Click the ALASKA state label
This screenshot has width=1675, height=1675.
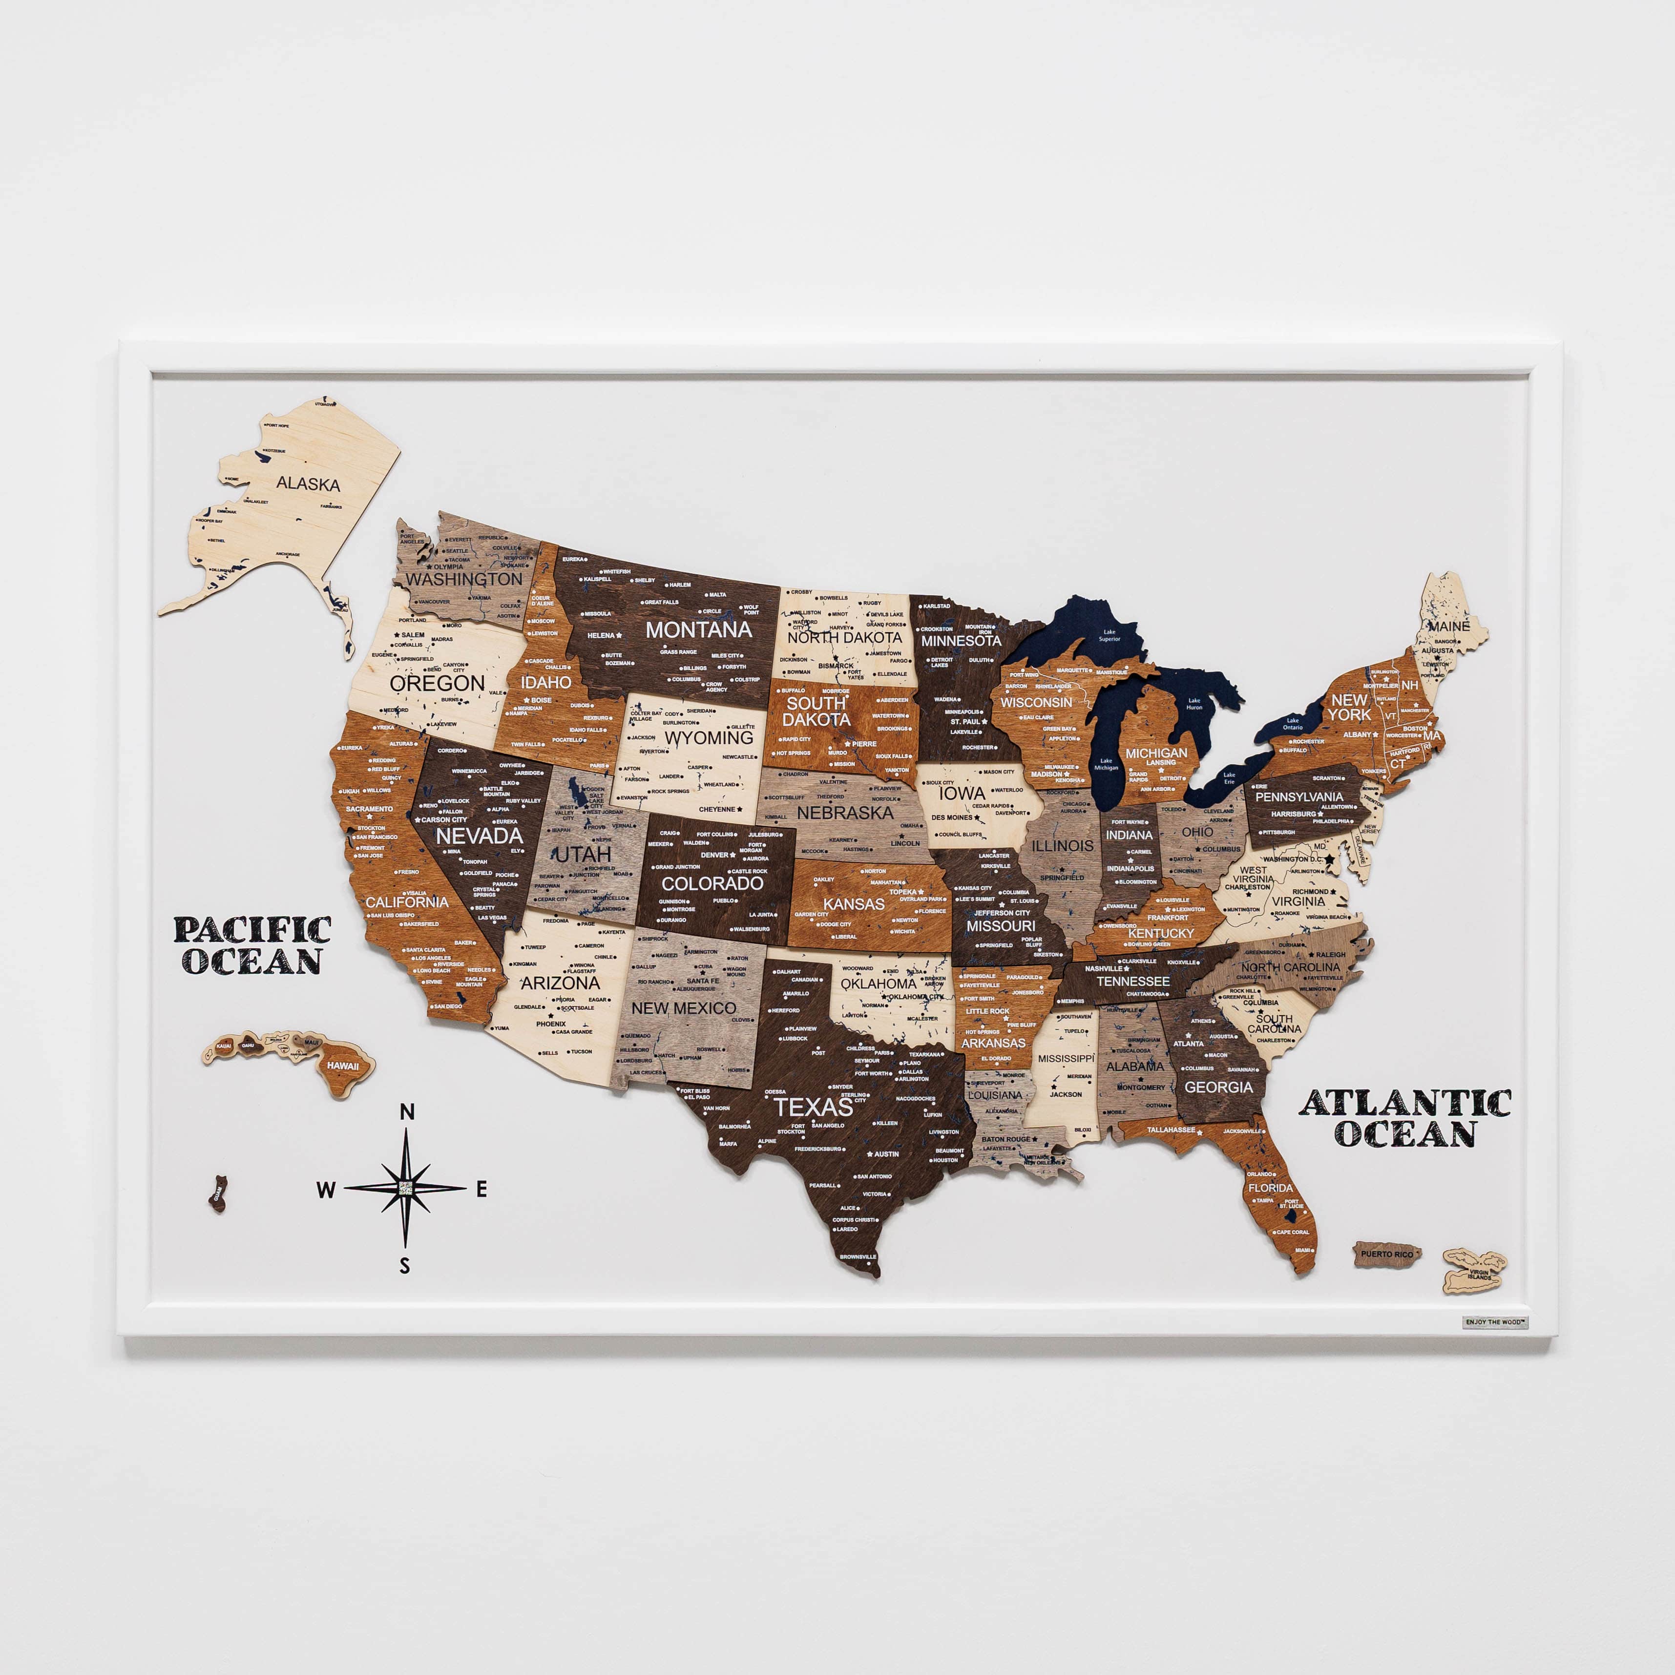click(308, 484)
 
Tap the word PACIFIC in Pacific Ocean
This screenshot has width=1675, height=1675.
click(252, 930)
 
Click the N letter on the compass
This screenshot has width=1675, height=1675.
click(407, 1112)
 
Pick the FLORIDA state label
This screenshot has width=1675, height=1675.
click(1270, 1188)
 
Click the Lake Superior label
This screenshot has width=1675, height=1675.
click(1109, 635)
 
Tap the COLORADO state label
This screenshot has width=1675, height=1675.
click(712, 883)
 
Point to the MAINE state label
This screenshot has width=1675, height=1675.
click(1449, 626)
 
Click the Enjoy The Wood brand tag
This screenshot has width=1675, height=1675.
click(1495, 1322)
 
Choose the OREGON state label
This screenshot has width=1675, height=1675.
click(437, 683)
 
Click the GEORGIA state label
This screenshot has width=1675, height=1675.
click(1218, 1087)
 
